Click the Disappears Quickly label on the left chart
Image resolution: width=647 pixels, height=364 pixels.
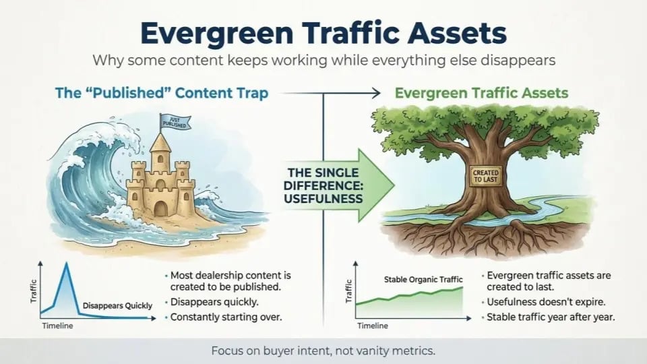(117, 305)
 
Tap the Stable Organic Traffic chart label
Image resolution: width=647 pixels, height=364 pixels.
(423, 278)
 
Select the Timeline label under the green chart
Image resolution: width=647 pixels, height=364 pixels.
(373, 326)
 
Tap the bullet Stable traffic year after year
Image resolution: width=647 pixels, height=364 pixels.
(550, 317)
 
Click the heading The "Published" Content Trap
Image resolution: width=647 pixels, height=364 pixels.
(162, 93)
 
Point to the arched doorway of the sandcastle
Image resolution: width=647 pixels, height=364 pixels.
(160, 208)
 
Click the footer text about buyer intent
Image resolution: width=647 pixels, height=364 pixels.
(323, 351)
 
